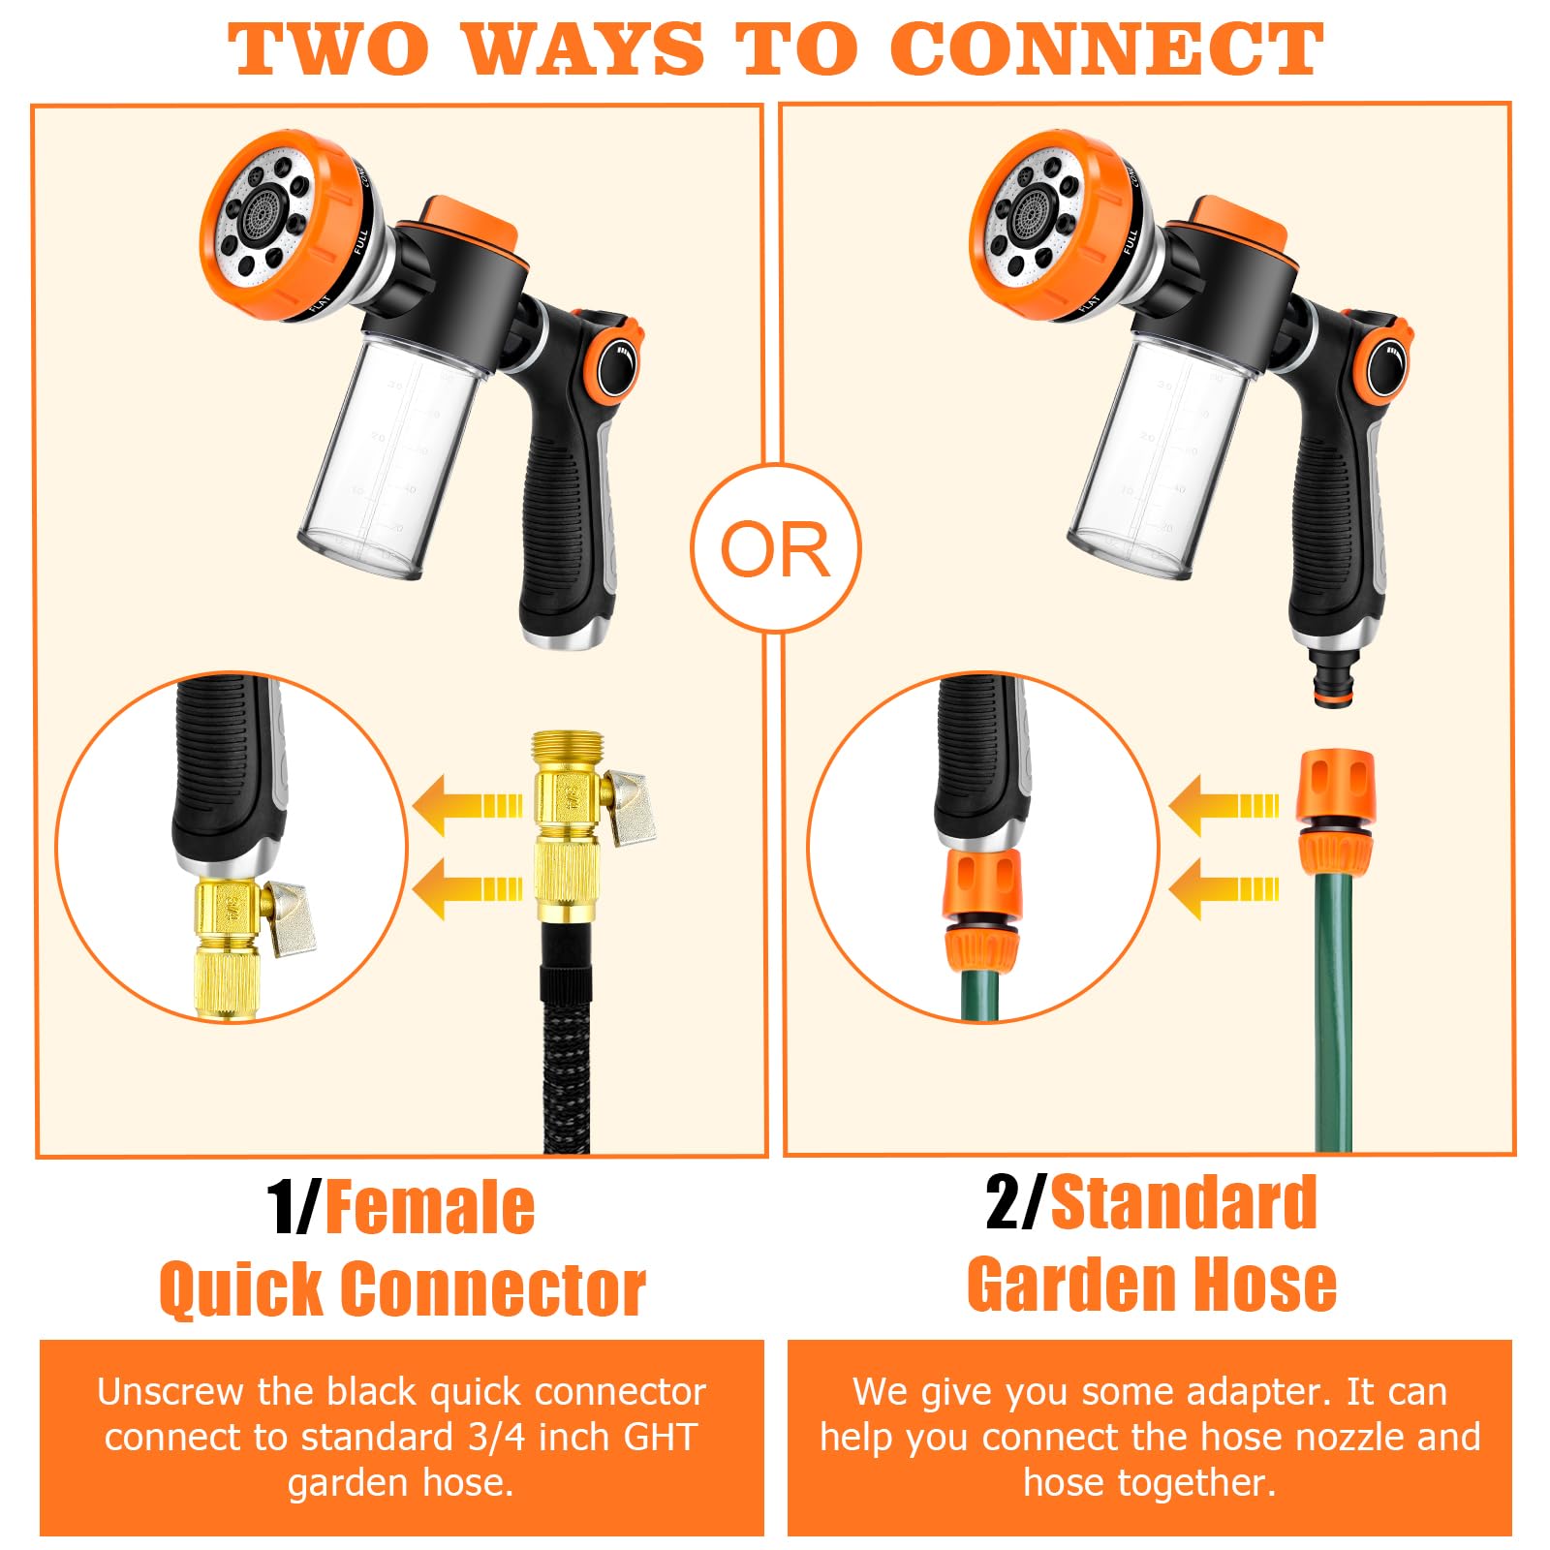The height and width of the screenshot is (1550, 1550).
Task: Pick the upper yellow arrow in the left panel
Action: click(x=468, y=805)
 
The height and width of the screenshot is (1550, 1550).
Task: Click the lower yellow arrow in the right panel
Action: click(x=1224, y=888)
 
